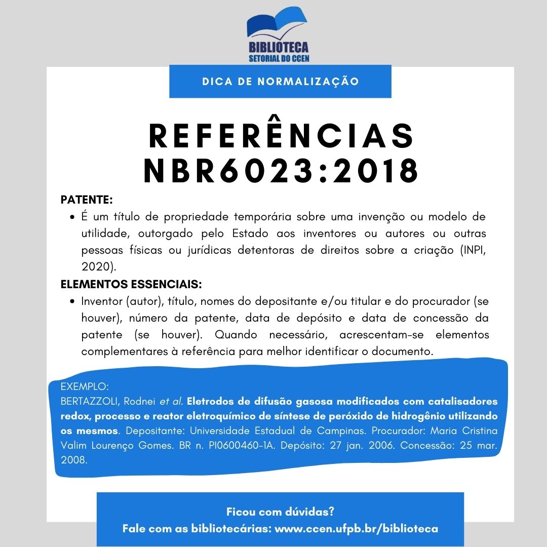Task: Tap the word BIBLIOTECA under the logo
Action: [279, 48]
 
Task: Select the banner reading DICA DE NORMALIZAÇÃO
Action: [280, 81]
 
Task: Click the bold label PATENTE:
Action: [87, 200]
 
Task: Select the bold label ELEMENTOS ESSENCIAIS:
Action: [131, 283]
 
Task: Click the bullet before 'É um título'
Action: [72, 218]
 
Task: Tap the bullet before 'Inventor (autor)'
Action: [72, 301]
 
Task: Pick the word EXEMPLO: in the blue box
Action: [85, 386]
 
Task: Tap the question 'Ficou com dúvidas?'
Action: [280, 511]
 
